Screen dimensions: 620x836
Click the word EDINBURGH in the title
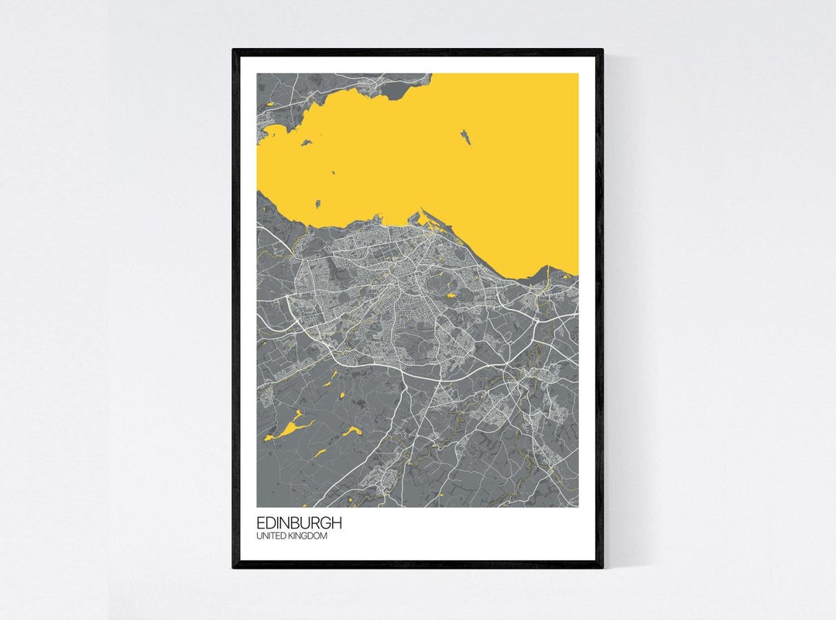pyautogui.click(x=299, y=523)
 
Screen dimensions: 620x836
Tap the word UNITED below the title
pyautogui.click(x=270, y=536)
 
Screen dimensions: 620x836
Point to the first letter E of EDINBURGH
pyautogui.click(x=261, y=523)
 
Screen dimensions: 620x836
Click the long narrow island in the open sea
pyautogui.click(x=467, y=137)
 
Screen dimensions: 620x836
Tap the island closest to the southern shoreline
pyautogui.click(x=317, y=204)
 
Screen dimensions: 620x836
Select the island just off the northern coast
pyautogui.click(x=307, y=143)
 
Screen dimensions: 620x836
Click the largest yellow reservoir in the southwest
pyautogui.click(x=289, y=428)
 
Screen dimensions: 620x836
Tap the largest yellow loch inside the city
pyautogui.click(x=451, y=294)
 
